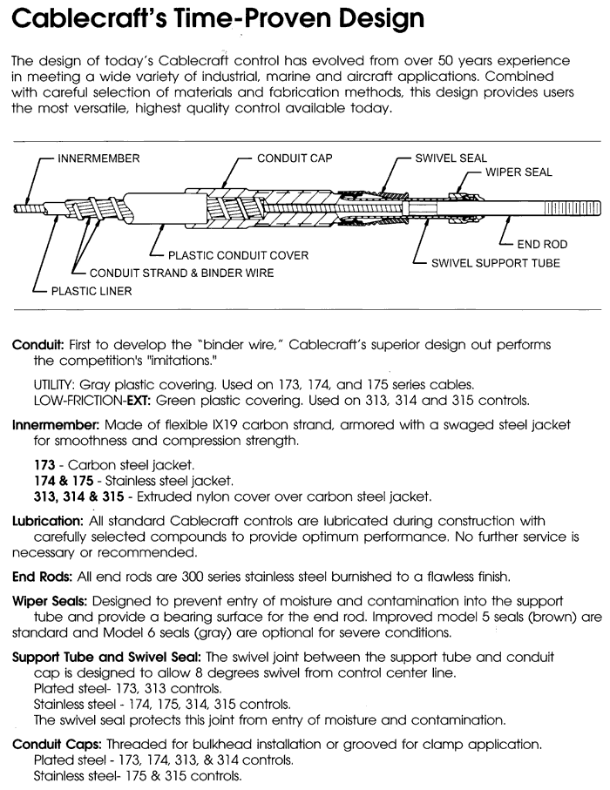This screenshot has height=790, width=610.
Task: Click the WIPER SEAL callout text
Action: coord(519,172)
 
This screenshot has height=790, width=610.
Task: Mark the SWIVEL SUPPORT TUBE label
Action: coord(496,262)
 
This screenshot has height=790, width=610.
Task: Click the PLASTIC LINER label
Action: coord(91,291)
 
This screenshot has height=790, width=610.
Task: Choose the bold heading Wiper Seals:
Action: coord(49,601)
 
